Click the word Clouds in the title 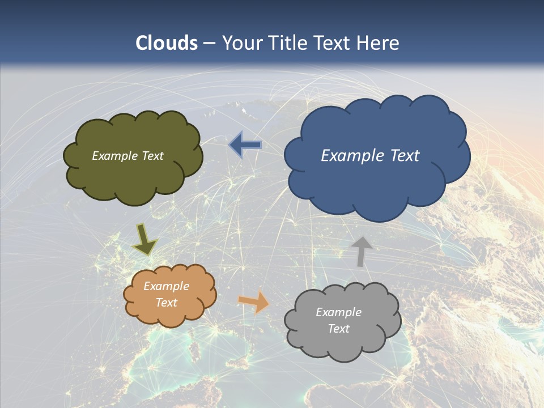[167, 43]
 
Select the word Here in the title [379, 43]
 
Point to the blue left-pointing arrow [245, 145]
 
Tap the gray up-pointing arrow [361, 251]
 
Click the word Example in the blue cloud [349, 156]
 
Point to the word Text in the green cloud [152, 156]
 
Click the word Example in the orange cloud [166, 286]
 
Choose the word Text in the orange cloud [166, 303]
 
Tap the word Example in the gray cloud [338, 312]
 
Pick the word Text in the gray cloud [338, 329]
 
